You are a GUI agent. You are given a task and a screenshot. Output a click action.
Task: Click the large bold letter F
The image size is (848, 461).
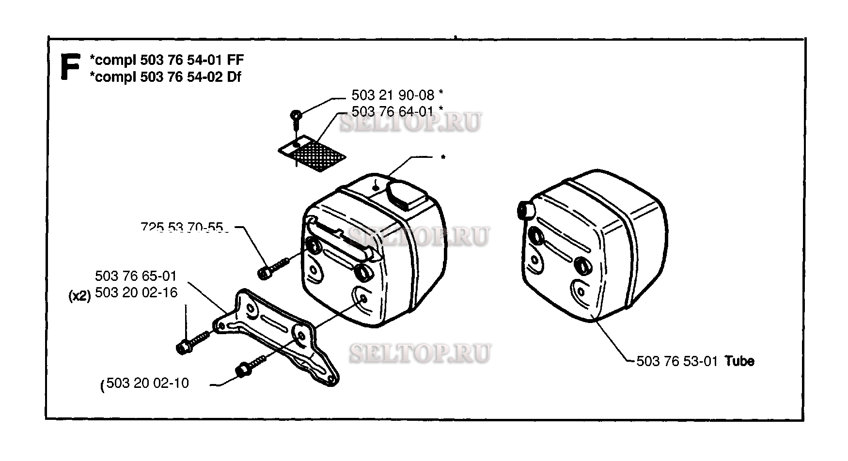click(x=70, y=67)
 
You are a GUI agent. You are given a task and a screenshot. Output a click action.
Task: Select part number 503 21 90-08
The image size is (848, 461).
click(x=393, y=95)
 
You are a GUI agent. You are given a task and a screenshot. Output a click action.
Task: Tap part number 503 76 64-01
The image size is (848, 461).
click(x=393, y=111)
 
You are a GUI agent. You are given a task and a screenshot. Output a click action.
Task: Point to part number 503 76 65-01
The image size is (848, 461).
click(x=136, y=276)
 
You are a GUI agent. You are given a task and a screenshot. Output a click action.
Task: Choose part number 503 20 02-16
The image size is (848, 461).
click(x=136, y=292)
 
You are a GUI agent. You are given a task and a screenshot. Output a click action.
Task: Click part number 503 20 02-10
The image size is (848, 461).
click(x=147, y=383)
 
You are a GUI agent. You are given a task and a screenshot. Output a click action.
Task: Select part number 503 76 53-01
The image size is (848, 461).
click(x=676, y=361)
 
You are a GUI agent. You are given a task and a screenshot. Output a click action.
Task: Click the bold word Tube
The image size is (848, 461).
click(x=739, y=361)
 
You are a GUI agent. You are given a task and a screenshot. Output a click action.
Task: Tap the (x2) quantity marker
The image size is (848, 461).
click(x=80, y=296)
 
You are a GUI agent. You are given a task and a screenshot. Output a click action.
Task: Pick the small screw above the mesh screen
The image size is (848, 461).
click(x=296, y=117)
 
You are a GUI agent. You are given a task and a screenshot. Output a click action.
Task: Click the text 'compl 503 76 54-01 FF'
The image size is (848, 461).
click(x=167, y=60)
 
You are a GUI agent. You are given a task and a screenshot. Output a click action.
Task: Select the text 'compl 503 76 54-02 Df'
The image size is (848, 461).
click(x=166, y=77)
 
